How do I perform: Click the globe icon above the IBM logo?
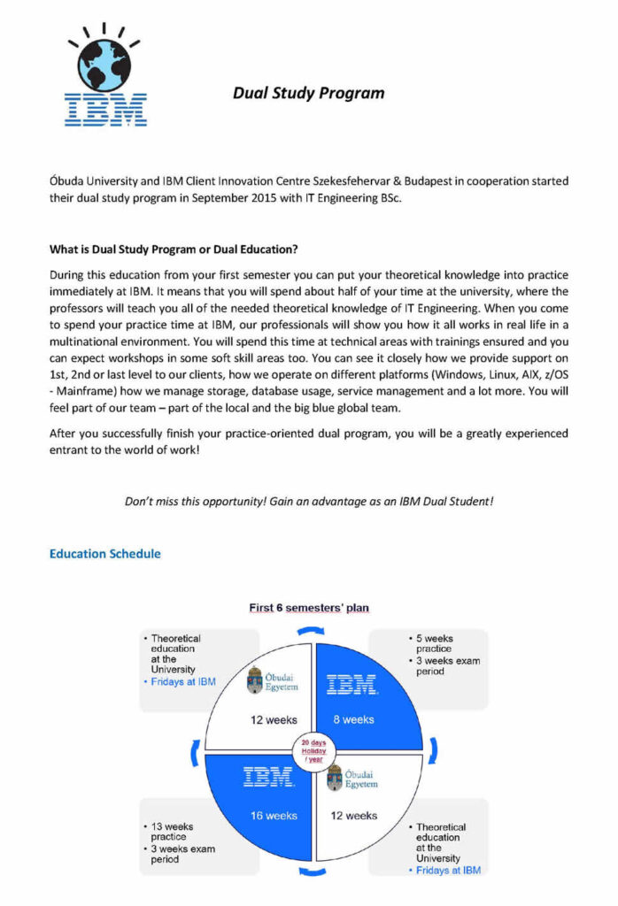pyautogui.click(x=104, y=61)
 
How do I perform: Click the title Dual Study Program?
pyautogui.click(x=308, y=92)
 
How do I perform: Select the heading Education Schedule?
pyautogui.click(x=105, y=554)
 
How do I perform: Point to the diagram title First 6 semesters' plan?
pyautogui.click(x=308, y=608)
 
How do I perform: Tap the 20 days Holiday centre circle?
pyautogui.click(x=313, y=750)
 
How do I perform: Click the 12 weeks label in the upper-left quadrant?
pyautogui.click(x=273, y=719)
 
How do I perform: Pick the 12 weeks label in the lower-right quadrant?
pyautogui.click(x=354, y=815)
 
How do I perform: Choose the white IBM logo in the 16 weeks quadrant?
pyautogui.click(x=268, y=779)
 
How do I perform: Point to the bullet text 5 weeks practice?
pyautogui.click(x=434, y=643)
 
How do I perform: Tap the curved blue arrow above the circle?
pyautogui.click(x=312, y=630)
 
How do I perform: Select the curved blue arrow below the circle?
pyautogui.click(x=312, y=872)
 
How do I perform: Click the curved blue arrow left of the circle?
pyautogui.click(x=194, y=752)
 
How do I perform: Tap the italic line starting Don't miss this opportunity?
pyautogui.click(x=308, y=501)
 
